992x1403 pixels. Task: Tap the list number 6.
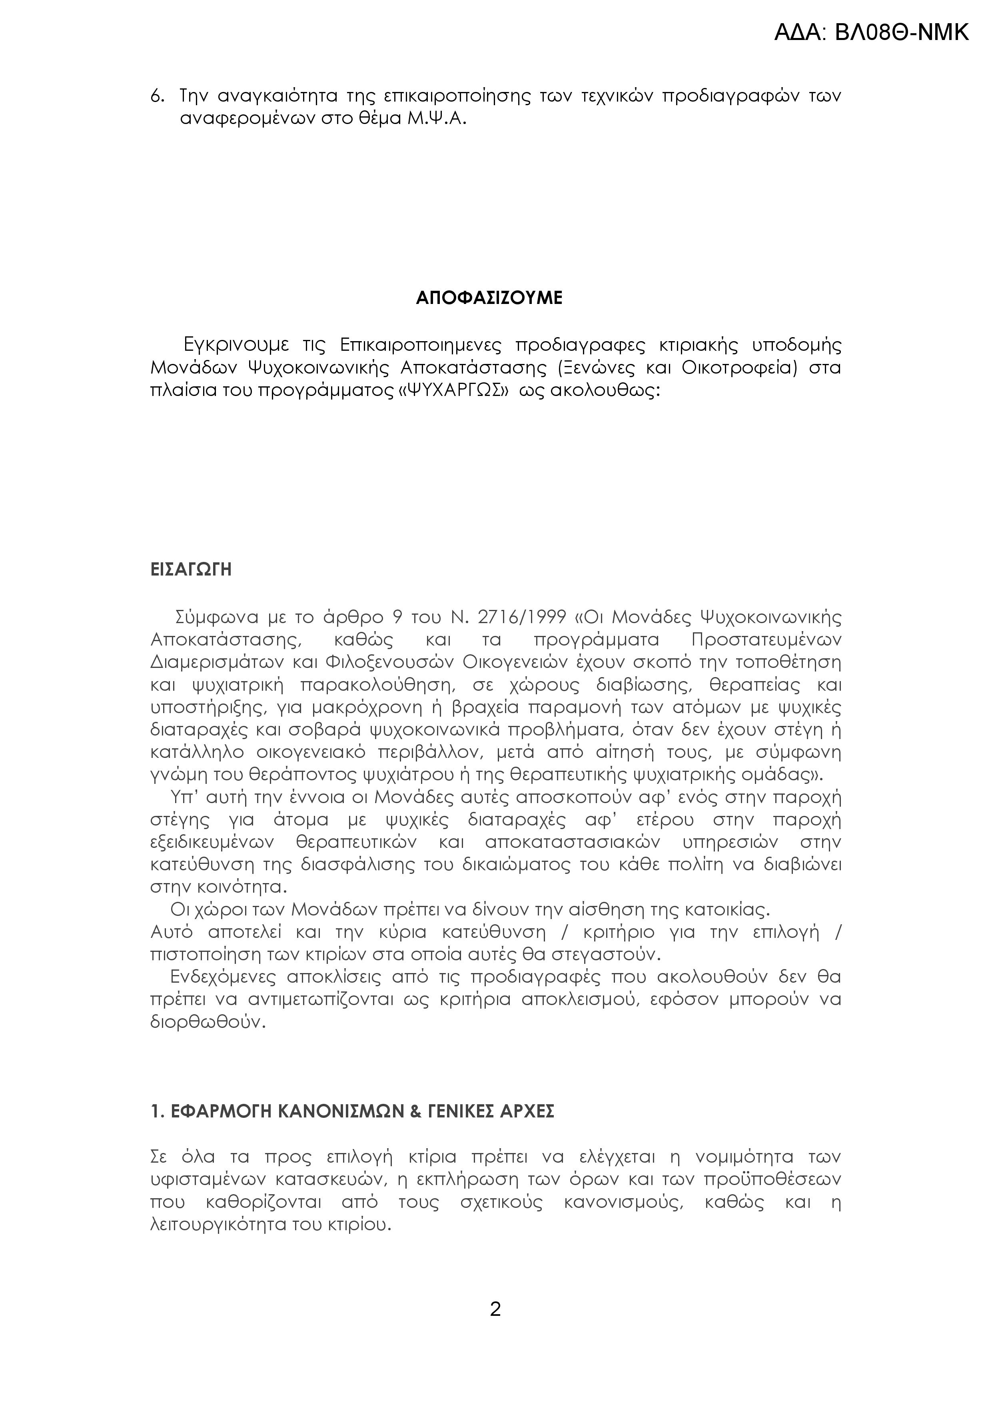tap(156, 96)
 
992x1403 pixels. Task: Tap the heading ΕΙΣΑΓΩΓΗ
tap(191, 570)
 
